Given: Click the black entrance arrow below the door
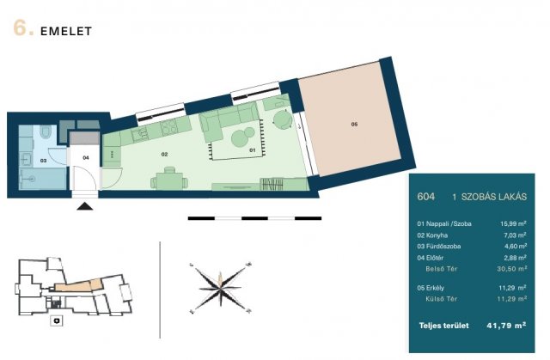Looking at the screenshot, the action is (85, 206).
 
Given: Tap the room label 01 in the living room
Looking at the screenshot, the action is (252, 150).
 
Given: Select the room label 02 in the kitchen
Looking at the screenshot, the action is (164, 155).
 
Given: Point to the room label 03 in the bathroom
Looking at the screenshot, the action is (43, 161).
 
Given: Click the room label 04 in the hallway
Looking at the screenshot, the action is (86, 158).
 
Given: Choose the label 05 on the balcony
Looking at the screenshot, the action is (354, 124).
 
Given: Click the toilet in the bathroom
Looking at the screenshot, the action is (46, 131).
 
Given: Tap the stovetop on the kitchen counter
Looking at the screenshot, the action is (169, 126).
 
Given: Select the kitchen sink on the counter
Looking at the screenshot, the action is (139, 133).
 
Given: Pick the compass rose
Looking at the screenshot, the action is (220, 288).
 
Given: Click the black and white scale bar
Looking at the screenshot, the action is (254, 218).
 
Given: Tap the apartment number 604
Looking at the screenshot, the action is (426, 197).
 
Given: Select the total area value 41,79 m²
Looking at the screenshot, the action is (506, 326).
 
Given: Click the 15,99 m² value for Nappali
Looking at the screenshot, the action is (513, 223).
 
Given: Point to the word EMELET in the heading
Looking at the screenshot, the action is (66, 31).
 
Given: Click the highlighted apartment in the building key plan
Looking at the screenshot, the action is (78, 285).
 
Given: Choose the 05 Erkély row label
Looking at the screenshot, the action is (431, 288).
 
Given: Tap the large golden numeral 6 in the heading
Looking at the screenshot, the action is (20, 28).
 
